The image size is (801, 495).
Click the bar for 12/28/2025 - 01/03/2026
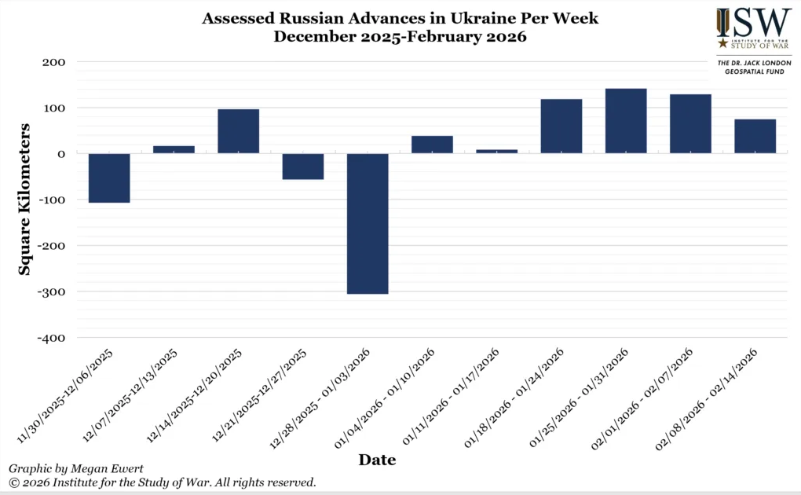368,223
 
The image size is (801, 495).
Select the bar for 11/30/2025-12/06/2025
109,178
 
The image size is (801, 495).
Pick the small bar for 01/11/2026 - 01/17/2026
496,151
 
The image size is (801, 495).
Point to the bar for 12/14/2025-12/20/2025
238,131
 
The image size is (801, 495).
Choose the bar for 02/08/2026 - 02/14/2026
755,136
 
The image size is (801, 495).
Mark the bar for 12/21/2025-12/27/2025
303,167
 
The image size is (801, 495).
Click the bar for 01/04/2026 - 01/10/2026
432,145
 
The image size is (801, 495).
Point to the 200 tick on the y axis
51,62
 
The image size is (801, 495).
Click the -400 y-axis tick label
49,338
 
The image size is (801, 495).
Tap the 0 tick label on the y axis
60,154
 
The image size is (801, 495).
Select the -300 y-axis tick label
49,291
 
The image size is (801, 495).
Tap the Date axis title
377,460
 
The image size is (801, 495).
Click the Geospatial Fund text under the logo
742,71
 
